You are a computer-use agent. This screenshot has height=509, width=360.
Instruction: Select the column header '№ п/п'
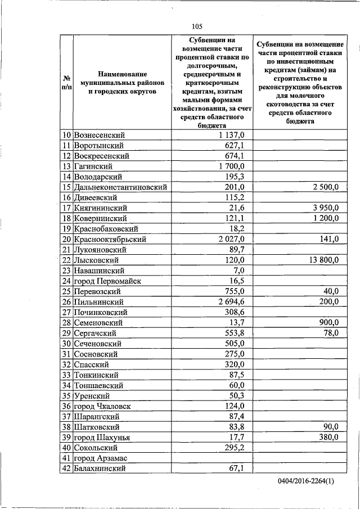pos(66,83)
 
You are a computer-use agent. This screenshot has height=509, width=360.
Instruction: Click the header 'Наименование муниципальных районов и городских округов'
pos(121,83)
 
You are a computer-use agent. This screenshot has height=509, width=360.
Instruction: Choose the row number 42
pos(66,468)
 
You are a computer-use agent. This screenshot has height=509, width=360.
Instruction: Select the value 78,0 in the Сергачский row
pos(330,333)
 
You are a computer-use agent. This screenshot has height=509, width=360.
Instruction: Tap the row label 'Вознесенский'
pos(100,135)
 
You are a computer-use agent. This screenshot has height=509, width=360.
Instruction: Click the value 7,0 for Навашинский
pos(238,271)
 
